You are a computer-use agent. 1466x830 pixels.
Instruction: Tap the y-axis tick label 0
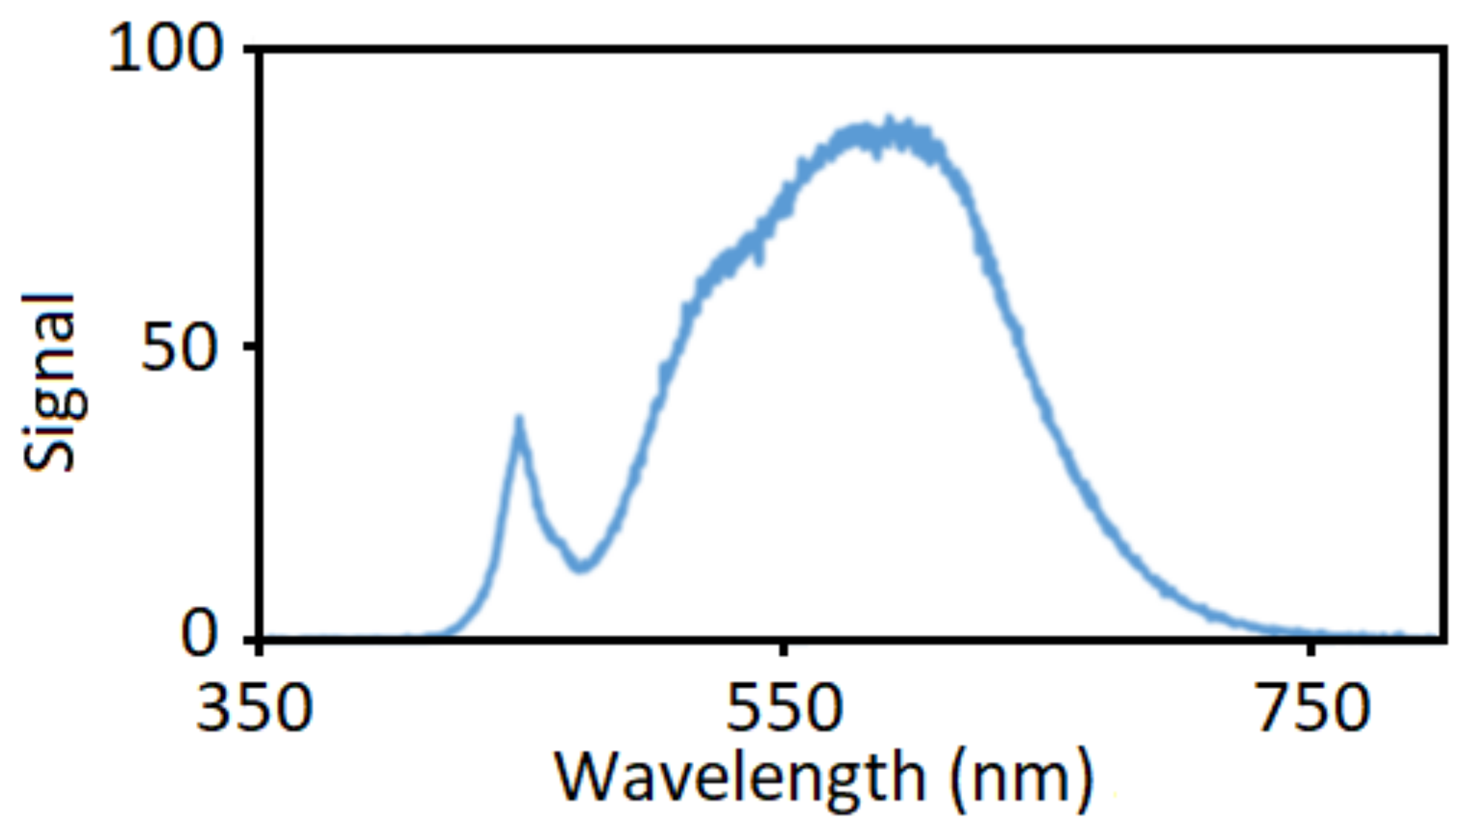click(x=199, y=634)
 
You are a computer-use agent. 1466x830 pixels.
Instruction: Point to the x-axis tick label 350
click(x=254, y=709)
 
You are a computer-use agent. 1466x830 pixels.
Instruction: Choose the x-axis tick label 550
click(x=784, y=709)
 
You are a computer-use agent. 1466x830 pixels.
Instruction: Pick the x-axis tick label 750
click(x=1312, y=709)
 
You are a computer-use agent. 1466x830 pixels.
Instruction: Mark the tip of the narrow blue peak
click(x=518, y=419)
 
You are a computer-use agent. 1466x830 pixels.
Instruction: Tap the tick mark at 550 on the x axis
click(x=784, y=649)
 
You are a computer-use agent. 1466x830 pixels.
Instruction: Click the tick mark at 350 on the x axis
click(x=260, y=649)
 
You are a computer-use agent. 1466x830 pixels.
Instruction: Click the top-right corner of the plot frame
click(x=1444, y=50)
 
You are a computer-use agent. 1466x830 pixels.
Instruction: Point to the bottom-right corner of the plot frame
click(x=1444, y=640)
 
